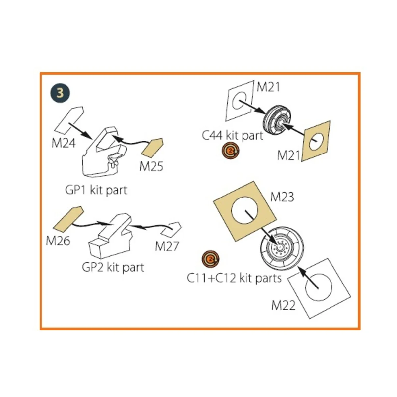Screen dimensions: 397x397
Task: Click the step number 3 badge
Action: pos(60,93)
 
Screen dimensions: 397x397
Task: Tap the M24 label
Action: pos(64,143)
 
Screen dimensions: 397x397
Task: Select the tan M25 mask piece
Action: pos(152,148)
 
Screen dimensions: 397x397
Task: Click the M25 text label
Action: pos(151,166)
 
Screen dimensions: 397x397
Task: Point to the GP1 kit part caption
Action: pos(96,190)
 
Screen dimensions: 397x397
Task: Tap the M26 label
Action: pos(58,241)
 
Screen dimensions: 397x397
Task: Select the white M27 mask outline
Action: pos(171,230)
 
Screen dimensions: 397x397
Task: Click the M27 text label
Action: pos(167,246)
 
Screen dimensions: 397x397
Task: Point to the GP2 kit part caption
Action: pos(113,267)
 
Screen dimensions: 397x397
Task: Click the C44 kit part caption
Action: pos(233,135)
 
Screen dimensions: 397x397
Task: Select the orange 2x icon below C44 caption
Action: pos(231,151)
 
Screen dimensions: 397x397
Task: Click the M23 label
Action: pos(282,197)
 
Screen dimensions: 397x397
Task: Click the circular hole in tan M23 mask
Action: pos(244,210)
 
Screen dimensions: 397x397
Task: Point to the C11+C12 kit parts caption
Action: pos(234,278)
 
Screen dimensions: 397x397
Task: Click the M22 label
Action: pos(284,305)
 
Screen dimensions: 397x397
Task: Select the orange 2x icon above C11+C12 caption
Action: pos(210,259)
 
